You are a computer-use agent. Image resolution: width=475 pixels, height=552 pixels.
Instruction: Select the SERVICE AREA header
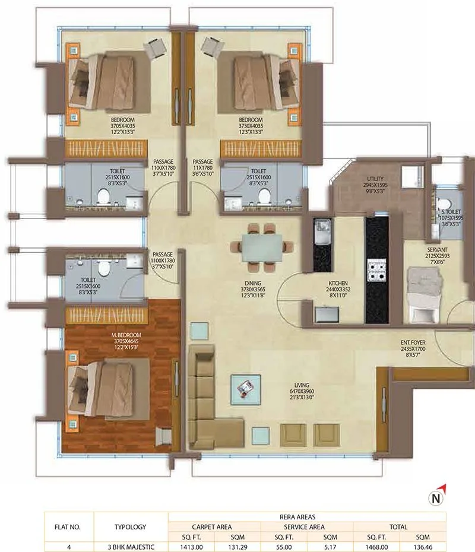click(x=307, y=526)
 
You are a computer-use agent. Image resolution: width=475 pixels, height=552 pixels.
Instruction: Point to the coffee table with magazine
click(x=245, y=389)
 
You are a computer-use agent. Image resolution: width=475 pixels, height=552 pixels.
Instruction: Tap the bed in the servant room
click(x=424, y=291)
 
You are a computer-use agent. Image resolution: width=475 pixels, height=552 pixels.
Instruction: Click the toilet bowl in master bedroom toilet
click(x=104, y=268)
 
